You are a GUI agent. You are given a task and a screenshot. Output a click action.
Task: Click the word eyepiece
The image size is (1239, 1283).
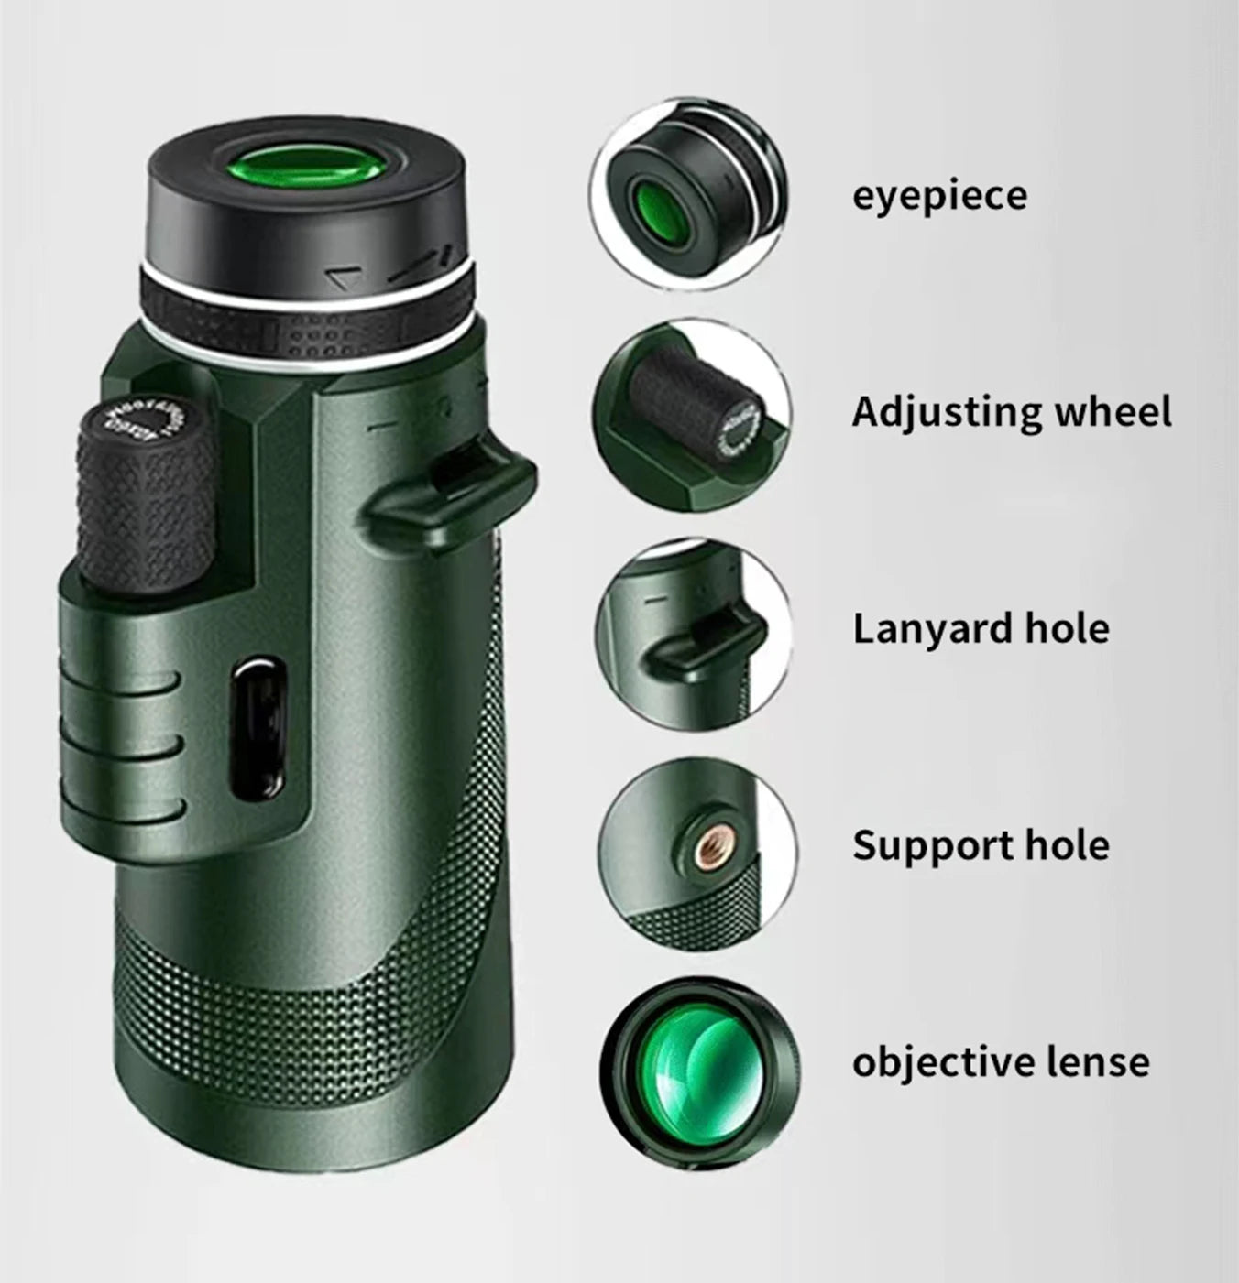click(939, 197)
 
